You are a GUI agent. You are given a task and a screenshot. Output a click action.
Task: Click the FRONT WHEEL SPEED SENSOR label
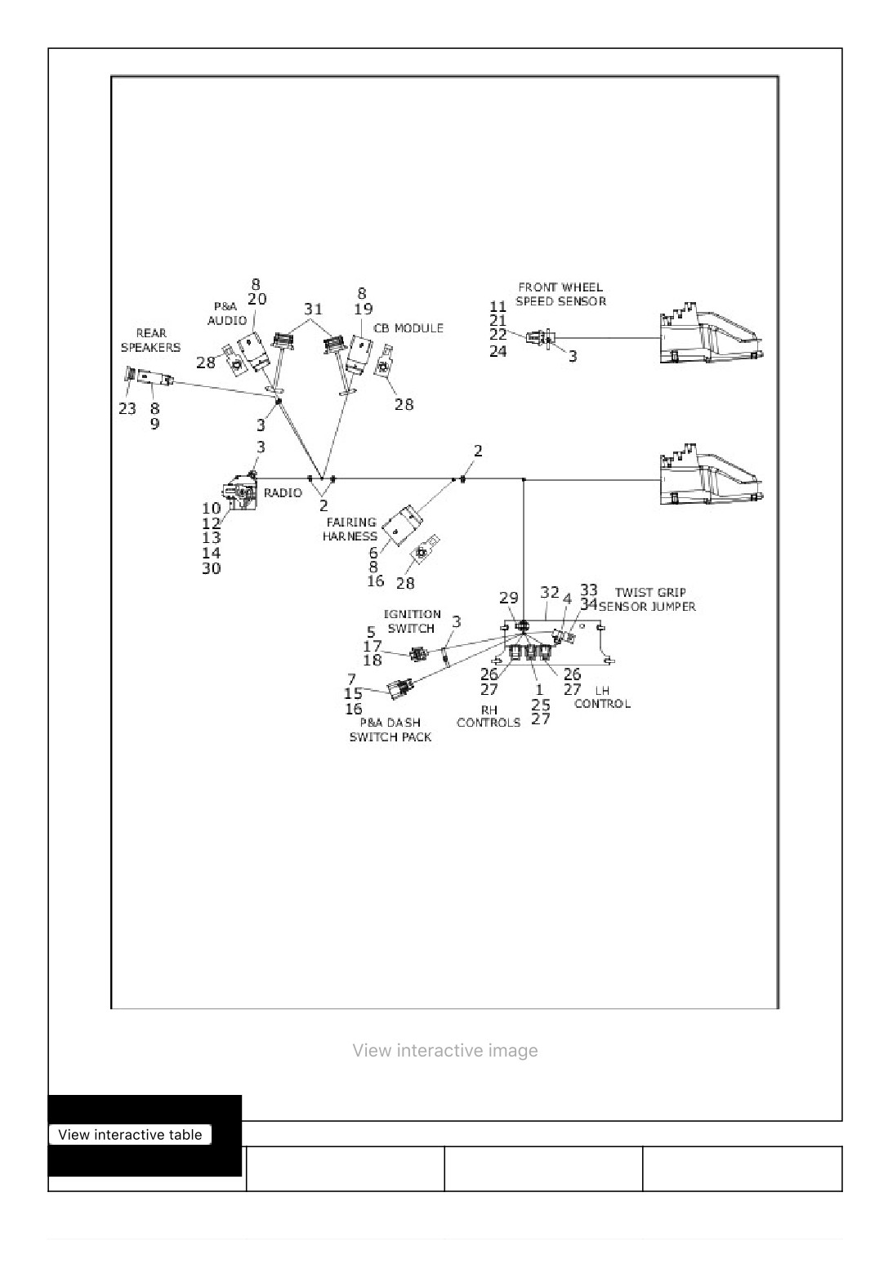[x=560, y=294]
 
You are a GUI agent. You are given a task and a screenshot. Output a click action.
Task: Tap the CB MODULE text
[x=408, y=327]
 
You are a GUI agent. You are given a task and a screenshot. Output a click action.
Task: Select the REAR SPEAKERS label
[x=150, y=340]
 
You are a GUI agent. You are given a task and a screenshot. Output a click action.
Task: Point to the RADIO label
[x=283, y=492]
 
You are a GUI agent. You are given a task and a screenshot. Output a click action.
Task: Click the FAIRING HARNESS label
[x=350, y=529]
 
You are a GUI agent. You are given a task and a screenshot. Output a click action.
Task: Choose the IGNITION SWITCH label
[x=412, y=621]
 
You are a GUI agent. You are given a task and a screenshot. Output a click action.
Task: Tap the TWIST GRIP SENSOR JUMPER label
[x=648, y=599]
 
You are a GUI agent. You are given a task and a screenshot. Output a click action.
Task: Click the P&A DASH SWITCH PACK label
[x=390, y=729]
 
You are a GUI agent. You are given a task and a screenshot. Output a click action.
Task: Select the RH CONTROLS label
[x=489, y=716]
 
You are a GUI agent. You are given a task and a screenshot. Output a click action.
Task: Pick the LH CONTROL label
[x=603, y=697]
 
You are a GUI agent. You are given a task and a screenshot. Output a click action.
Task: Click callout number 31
[x=313, y=309]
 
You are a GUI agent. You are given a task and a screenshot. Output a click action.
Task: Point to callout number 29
[x=509, y=598]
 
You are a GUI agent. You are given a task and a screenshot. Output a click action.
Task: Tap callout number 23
[x=127, y=408]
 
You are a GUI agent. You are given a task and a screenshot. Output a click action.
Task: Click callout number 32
[x=550, y=592]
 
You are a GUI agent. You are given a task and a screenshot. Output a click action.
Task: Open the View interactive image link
[x=445, y=1050]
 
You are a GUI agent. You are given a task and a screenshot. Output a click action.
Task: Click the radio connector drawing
[x=240, y=492]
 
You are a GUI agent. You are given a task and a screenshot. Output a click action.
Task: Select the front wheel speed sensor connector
[x=539, y=337]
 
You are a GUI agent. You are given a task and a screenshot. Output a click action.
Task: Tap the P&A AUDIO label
[x=227, y=314]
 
